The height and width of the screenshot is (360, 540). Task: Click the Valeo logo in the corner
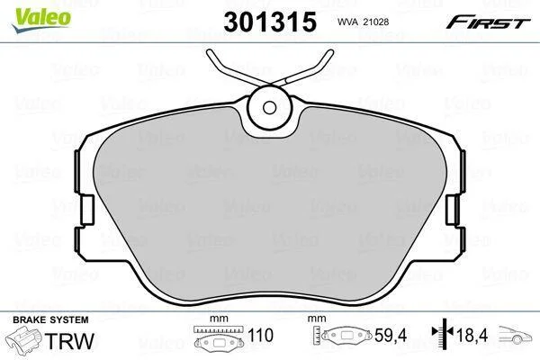pyautogui.click(x=41, y=19)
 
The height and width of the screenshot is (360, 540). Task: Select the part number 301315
pyautogui.click(x=270, y=22)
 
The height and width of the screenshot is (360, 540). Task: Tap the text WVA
pyautogui.click(x=347, y=22)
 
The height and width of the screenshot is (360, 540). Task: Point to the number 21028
pyautogui.click(x=375, y=22)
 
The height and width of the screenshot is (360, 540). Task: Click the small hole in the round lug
pyautogui.click(x=269, y=107)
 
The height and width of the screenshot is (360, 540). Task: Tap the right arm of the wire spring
pyautogui.click(x=303, y=70)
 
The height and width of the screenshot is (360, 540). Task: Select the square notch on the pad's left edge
pyautogui.click(x=88, y=210)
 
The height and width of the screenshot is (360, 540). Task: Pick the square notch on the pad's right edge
pyautogui.click(x=452, y=210)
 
